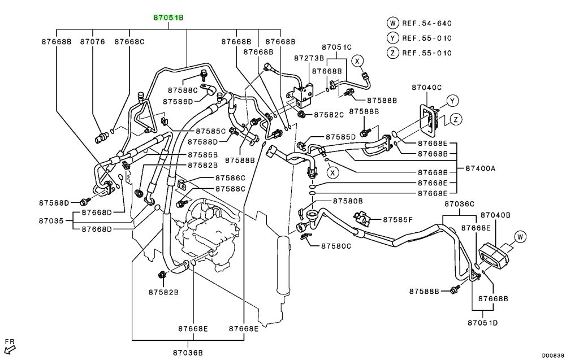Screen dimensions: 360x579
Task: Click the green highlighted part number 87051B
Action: pos(168,18)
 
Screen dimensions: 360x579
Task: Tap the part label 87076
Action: pos(92,42)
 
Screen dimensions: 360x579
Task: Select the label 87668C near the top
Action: pos(129,42)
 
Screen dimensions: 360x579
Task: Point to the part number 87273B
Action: pos(309,58)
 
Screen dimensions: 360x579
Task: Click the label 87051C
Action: pos(337,47)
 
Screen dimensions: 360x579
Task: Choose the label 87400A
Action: pos(481,168)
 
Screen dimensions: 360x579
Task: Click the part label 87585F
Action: pos(398,219)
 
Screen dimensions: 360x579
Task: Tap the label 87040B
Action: pos(495,215)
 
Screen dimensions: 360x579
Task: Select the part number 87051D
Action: pos(482,323)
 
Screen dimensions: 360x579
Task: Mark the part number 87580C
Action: pos(336,246)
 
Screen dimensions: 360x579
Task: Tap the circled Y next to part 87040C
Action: pos(452,101)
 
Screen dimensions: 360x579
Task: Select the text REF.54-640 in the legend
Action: pos(427,23)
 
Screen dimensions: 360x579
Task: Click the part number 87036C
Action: pos(459,203)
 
